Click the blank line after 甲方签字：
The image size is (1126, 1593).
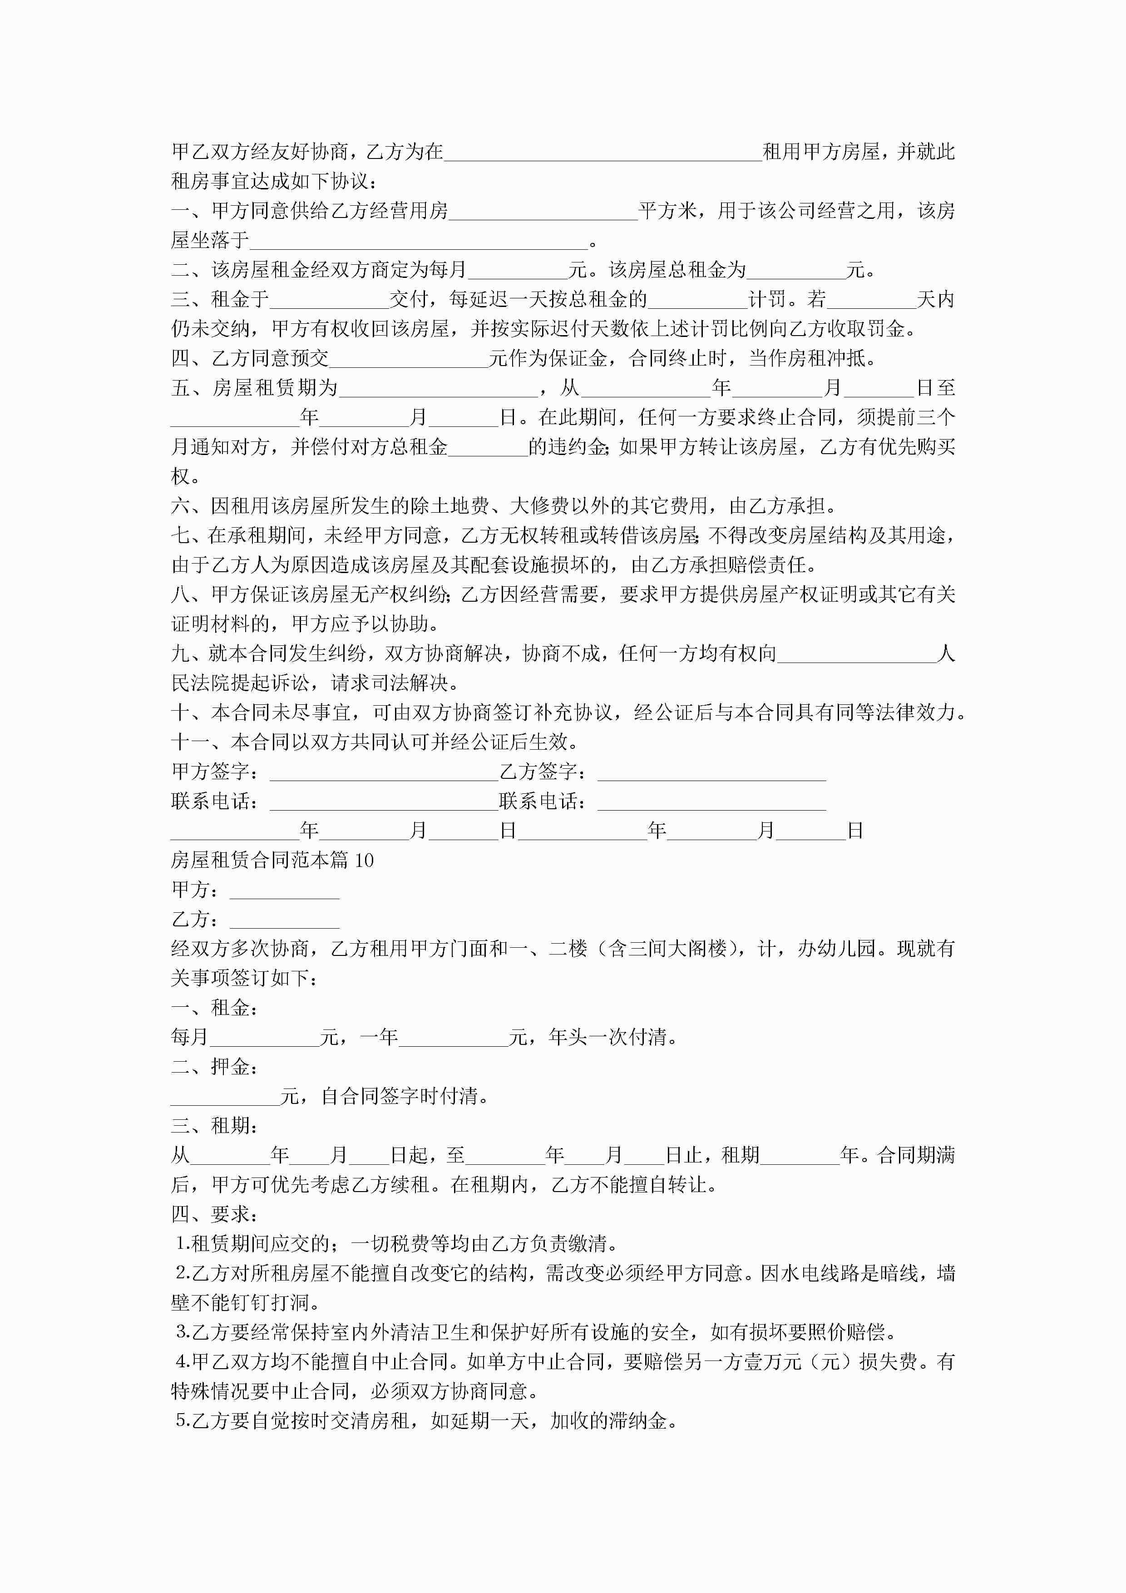pyautogui.click(x=384, y=772)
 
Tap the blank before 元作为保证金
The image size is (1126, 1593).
pyautogui.click(x=409, y=359)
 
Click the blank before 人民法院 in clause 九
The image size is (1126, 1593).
pyautogui.click(x=856, y=653)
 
